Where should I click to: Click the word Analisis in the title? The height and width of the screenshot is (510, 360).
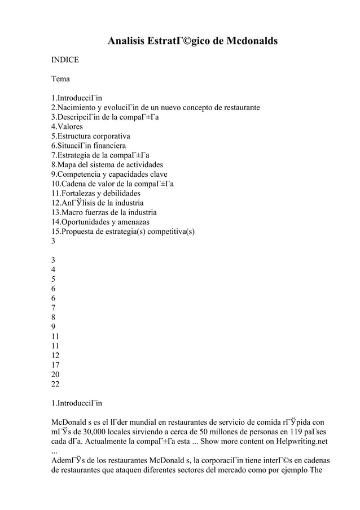pos(126,41)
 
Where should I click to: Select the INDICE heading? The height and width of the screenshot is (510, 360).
pos(65,59)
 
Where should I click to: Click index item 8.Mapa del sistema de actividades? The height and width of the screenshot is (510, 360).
pos(107,165)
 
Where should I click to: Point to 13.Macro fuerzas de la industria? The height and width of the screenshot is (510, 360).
pos(104,212)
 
